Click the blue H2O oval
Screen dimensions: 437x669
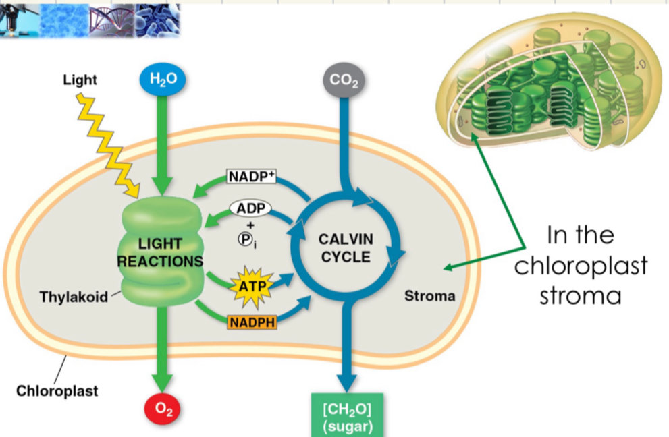pyautogui.click(x=162, y=80)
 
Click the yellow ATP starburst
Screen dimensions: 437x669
pyautogui.click(x=250, y=286)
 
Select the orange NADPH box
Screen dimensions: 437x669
pyautogui.click(x=252, y=322)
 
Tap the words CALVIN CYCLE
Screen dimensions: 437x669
pyautogui.click(x=345, y=247)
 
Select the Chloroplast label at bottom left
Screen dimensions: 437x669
pyautogui.click(x=57, y=390)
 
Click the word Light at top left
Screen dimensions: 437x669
pyautogui.click(x=80, y=80)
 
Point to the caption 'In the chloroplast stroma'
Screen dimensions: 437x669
pyautogui.click(x=581, y=266)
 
